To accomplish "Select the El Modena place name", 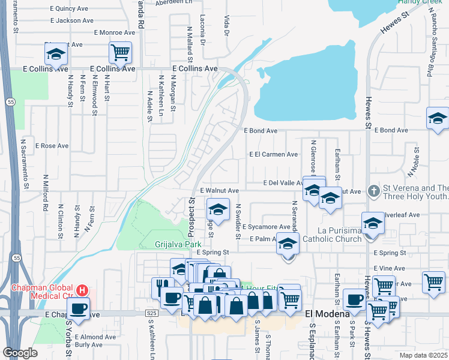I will (x=328, y=314).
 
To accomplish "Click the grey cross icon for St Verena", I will (x=373, y=191).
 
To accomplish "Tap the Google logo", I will (x=20, y=353).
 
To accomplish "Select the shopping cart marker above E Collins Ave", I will (x=120, y=53).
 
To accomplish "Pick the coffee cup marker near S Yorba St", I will (x=78, y=310).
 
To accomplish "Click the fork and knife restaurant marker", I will (x=160, y=284).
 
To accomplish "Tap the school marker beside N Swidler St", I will (x=218, y=209).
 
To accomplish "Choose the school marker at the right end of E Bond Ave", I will (x=438, y=119).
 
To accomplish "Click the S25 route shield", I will (x=151, y=313).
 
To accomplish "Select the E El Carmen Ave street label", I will (x=273, y=154).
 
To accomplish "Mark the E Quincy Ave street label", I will (x=70, y=9).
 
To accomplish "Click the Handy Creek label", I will (x=420, y=2).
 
